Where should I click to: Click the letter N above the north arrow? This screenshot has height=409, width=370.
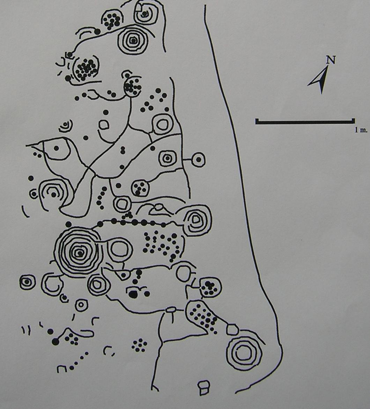331,60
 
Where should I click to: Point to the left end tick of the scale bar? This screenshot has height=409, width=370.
257,121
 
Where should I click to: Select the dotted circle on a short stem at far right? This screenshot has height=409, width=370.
198,159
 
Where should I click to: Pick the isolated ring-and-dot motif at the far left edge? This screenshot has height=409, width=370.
27,282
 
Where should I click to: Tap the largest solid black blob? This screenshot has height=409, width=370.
133,293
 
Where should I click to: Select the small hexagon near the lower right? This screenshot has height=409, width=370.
232,330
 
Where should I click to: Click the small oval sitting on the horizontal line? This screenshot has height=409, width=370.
170,309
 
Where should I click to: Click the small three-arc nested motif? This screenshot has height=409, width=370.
65,126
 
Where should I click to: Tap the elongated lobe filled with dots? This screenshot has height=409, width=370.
203,316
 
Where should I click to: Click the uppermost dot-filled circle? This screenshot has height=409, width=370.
112,20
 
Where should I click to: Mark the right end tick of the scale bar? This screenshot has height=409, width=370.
353,121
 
